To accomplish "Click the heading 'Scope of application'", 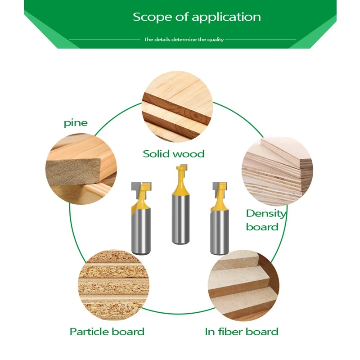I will pos(197,18).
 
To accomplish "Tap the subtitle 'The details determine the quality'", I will pos(184,40).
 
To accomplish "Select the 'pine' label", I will pos(76,123).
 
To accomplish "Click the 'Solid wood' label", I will pos(174,154).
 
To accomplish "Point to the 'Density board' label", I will pos(266,220).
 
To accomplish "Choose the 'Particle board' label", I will pos(107,332).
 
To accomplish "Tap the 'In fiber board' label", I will pos(242,332).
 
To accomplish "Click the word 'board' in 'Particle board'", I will pos(128,332).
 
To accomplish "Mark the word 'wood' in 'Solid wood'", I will pos(189,154).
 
